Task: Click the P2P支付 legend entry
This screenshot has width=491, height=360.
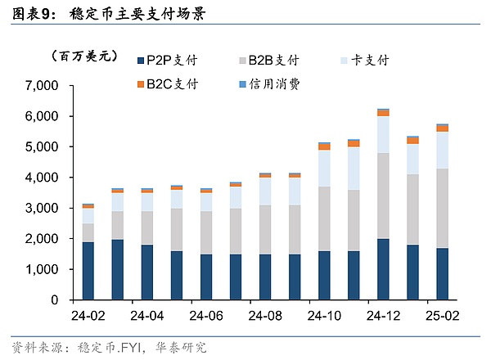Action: point(171,60)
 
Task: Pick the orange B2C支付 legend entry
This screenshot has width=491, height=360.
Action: point(171,83)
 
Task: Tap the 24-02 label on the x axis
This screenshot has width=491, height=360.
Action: point(88,315)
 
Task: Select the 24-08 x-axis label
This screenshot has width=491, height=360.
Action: point(265,315)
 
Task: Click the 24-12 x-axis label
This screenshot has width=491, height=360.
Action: point(383,315)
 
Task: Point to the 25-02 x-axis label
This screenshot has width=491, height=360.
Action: point(442,315)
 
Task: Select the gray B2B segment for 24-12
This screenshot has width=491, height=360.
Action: point(383,196)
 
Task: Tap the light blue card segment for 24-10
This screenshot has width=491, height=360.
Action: point(324,169)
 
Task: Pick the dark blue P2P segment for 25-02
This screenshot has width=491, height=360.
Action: point(442,274)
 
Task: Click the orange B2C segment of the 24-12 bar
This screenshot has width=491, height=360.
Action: point(383,113)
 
